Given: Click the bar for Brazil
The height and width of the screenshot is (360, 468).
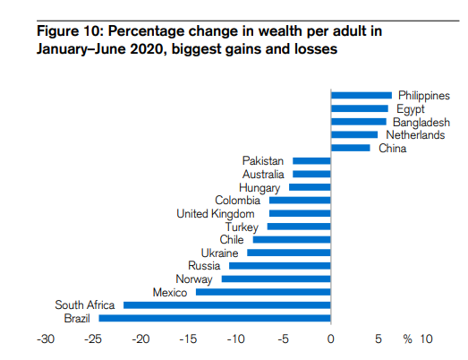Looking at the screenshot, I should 215,318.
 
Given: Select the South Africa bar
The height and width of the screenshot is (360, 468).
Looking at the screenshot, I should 227,304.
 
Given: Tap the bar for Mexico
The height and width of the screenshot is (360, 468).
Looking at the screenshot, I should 263,292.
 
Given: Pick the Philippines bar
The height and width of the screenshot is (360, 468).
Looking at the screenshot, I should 362,95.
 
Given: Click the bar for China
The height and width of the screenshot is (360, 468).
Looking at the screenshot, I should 351,148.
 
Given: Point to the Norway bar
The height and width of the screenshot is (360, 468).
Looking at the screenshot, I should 277,279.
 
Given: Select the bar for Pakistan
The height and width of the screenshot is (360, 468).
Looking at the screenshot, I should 312,160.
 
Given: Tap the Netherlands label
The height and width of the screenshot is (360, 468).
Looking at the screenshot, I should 414,134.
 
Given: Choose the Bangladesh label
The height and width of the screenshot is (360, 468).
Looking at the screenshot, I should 421,122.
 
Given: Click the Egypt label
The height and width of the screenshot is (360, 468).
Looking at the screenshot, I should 410,108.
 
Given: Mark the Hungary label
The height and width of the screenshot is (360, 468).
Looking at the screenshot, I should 260,187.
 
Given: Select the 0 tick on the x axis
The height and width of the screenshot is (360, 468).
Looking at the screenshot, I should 331,339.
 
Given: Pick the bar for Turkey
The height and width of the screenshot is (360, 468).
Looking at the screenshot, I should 299,227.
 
